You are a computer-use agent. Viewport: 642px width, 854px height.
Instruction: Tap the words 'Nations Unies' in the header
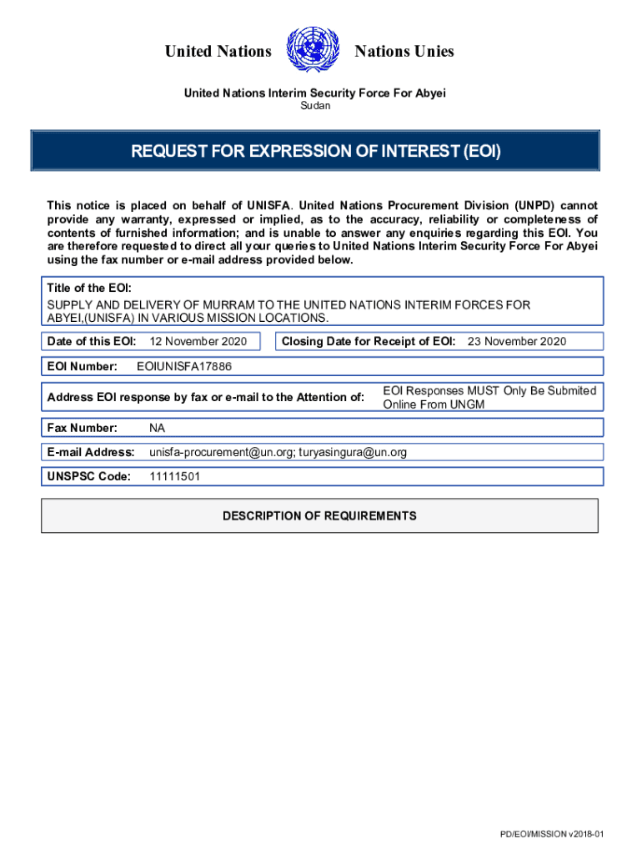click(x=404, y=52)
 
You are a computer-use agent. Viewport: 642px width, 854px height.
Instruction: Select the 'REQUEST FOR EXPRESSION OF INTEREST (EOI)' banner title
click(x=316, y=151)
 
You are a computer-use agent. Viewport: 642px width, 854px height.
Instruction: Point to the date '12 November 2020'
click(x=198, y=341)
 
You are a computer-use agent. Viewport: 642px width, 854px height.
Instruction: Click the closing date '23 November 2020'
click(x=516, y=341)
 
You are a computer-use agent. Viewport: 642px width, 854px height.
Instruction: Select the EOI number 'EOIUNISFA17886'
click(x=184, y=366)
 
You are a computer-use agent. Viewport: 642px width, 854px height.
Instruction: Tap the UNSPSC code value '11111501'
click(x=174, y=476)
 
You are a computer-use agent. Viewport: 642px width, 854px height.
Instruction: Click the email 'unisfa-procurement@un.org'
click(x=220, y=452)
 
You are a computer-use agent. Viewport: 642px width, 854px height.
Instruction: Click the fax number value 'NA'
click(x=158, y=428)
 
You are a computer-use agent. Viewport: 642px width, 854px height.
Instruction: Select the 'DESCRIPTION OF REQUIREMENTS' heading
click(x=319, y=515)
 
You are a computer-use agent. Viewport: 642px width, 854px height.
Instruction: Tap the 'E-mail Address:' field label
click(x=91, y=452)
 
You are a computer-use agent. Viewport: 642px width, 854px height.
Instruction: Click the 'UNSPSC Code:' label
click(x=89, y=476)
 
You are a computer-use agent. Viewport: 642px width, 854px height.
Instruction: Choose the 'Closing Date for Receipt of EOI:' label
click(x=369, y=341)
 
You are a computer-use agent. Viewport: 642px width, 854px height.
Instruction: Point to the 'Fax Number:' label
click(x=82, y=428)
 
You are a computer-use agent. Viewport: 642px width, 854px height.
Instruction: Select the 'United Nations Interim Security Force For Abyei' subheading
click(x=314, y=93)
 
